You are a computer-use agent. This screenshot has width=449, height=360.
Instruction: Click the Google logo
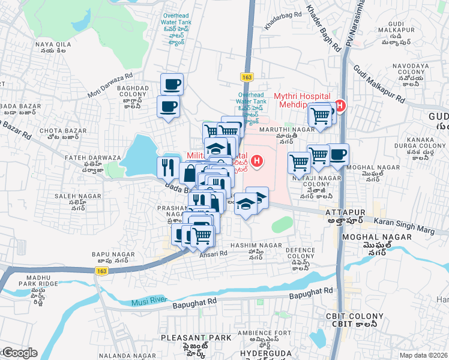(19, 353)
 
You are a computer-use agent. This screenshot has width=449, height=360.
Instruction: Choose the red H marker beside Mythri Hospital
(340, 107)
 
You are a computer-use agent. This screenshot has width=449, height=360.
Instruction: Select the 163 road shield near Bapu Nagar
(101, 271)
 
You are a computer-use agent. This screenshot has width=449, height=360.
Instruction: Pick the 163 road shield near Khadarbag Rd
(247, 77)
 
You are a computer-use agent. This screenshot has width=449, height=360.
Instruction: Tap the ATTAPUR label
(342, 212)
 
